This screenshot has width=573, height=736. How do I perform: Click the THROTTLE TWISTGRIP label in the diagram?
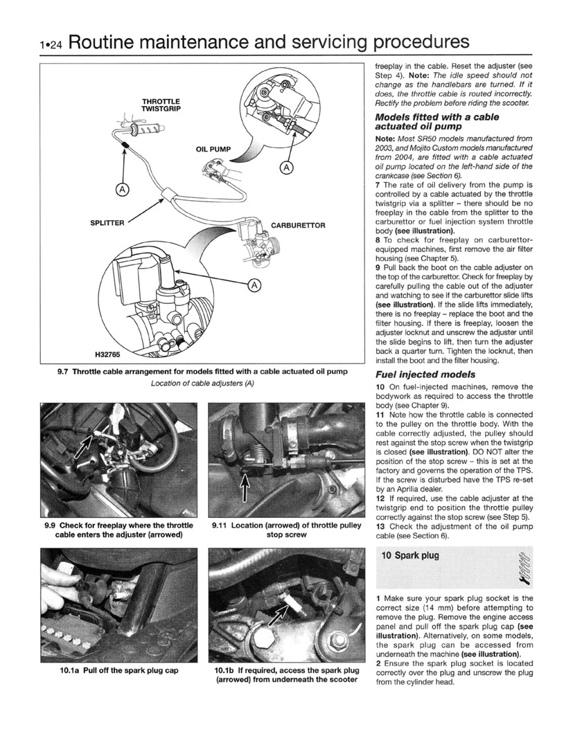[x=161, y=105]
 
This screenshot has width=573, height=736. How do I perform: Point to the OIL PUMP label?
[x=212, y=149]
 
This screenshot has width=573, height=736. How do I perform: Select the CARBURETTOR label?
[x=298, y=226]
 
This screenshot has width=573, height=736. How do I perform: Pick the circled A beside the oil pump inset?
[x=287, y=168]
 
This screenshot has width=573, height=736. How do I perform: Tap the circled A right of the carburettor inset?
[x=254, y=285]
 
